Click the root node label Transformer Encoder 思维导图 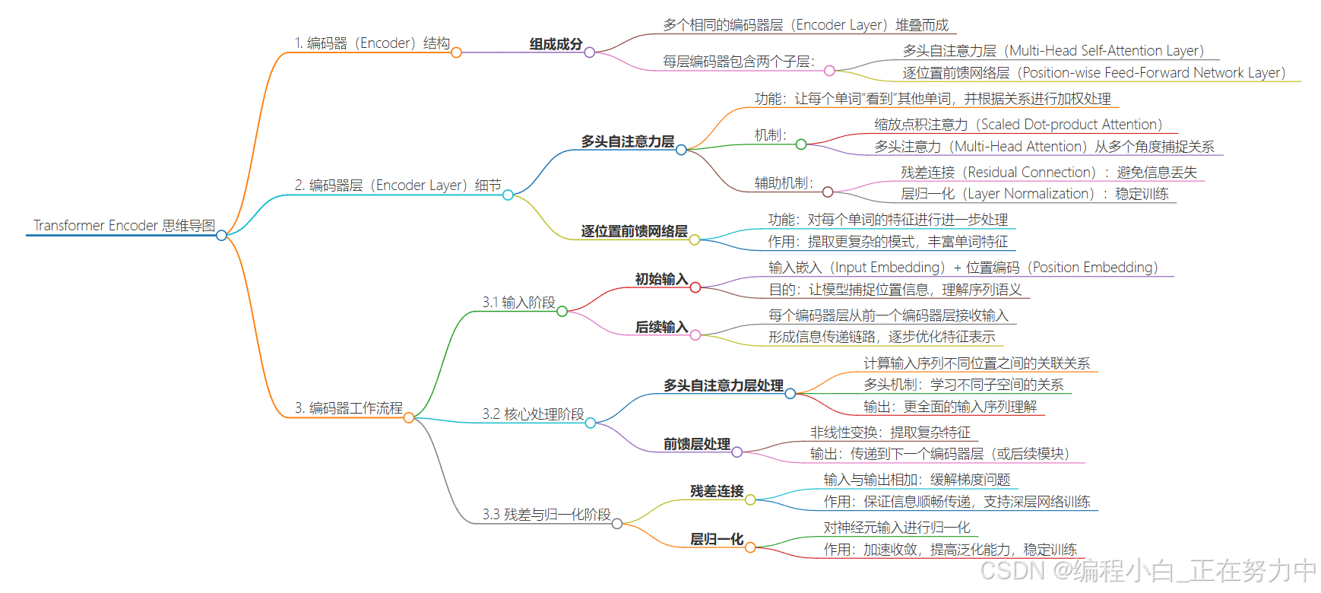[x=124, y=226]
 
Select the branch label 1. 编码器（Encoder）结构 [x=372, y=43]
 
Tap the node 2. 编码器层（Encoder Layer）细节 [x=398, y=186]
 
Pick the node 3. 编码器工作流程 [x=348, y=408]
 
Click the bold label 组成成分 [x=556, y=44]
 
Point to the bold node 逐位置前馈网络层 [x=634, y=231]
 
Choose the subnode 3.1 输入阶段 [x=518, y=303]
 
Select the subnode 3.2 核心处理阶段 [x=533, y=414]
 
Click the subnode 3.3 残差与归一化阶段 [x=546, y=515]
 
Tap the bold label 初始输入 [x=661, y=279]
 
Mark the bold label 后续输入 [x=661, y=327]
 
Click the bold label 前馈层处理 [x=696, y=444]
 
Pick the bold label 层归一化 [x=716, y=539]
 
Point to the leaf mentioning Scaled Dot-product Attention [x=1018, y=125]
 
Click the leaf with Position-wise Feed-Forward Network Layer [x=1094, y=73]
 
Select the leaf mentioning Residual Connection [x=1048, y=173]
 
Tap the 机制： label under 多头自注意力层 [x=770, y=135]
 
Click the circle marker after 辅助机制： [x=828, y=192]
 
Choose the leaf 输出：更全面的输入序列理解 [x=949, y=407]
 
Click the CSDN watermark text [x=1148, y=571]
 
